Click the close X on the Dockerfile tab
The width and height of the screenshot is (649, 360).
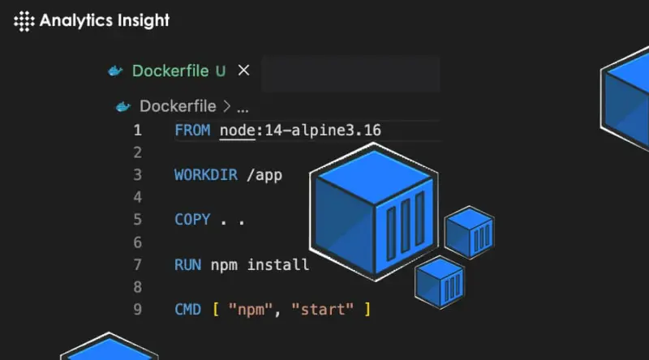243,71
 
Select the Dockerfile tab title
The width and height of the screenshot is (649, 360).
171,71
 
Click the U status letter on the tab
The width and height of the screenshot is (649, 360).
220,71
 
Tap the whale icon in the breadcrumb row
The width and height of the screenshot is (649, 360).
123,106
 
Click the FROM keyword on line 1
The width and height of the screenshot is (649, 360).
192,130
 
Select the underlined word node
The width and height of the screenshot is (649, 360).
237,130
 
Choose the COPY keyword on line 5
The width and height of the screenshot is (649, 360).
192,220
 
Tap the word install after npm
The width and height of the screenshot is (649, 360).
277,264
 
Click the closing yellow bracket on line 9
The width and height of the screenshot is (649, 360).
367,309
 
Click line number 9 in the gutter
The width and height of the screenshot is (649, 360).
136,309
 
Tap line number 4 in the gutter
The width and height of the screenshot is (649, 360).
136,197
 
